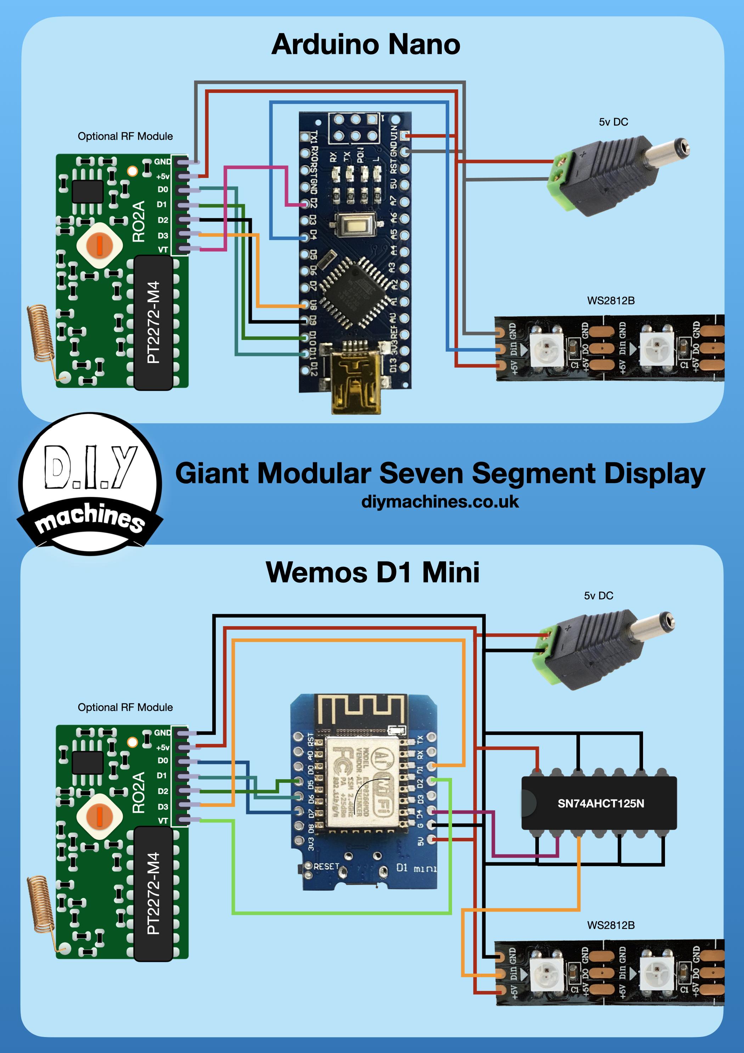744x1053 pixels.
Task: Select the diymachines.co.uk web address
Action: click(440, 502)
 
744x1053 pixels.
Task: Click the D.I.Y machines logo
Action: click(90, 484)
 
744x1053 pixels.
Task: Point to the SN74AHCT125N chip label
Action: click(601, 803)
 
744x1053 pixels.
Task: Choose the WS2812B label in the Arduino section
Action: click(610, 301)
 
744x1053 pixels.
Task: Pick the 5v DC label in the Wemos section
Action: click(598, 596)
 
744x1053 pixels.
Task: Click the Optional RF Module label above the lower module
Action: click(125, 707)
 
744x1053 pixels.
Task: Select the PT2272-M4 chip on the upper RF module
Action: click(153, 322)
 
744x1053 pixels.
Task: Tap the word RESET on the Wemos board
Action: click(326, 867)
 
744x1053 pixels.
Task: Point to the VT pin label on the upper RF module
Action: click(163, 250)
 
